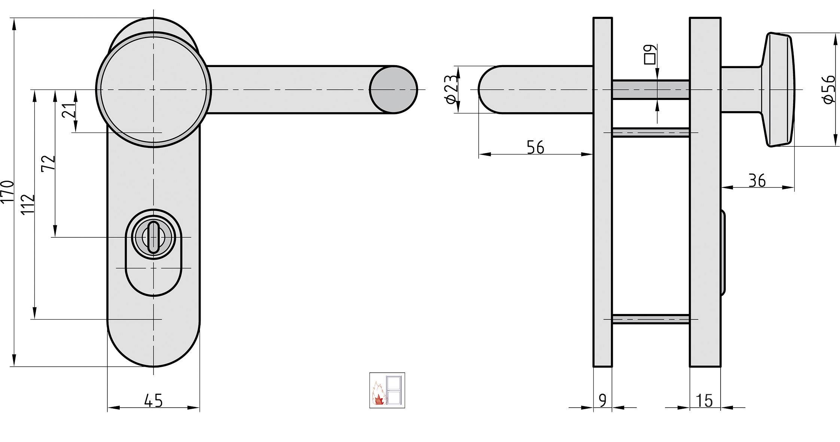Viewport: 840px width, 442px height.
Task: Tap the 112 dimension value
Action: (28, 204)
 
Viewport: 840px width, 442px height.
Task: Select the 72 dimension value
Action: (48, 163)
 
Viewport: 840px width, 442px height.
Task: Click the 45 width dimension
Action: (153, 400)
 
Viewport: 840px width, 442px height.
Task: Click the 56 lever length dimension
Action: (535, 147)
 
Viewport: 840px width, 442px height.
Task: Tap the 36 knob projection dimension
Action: (757, 181)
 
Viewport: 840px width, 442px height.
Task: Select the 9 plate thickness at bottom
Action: (602, 400)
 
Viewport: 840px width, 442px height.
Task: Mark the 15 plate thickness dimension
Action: (704, 400)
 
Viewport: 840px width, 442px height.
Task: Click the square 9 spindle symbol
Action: (650, 55)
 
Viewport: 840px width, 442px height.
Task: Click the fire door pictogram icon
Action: (387, 390)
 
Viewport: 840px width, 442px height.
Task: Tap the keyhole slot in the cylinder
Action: (153, 237)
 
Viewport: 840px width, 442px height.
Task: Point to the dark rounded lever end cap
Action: (393, 89)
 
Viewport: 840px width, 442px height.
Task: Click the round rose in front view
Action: (153, 89)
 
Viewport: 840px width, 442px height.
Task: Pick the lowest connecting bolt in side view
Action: (651, 319)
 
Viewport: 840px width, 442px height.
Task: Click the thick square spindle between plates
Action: (651, 90)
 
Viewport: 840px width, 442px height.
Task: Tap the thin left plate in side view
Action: (603, 225)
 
